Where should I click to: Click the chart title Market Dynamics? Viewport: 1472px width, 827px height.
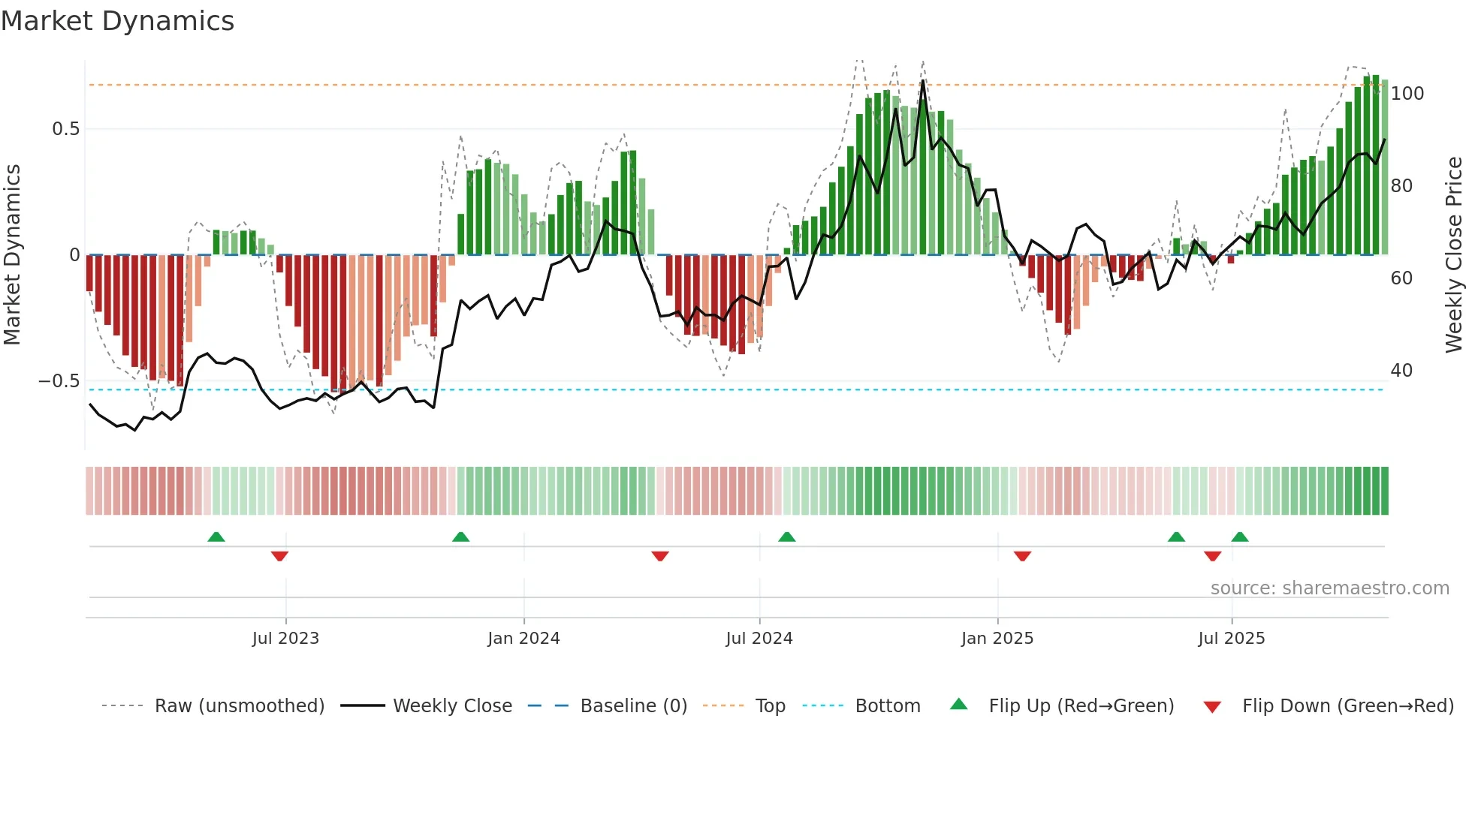tap(117, 21)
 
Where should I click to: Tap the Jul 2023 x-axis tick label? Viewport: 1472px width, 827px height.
tap(285, 639)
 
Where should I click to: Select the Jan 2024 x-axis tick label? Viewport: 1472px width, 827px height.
tap(523, 639)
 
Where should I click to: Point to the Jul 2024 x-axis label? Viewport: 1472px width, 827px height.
tap(759, 639)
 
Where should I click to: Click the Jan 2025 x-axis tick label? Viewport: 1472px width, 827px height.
tap(997, 639)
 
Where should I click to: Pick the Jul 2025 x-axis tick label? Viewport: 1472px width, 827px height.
tap(1232, 639)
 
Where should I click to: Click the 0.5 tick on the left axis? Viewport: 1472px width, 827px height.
tap(65, 129)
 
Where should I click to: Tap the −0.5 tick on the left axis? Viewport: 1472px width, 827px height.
tap(59, 381)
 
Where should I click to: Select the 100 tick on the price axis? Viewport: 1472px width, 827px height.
tap(1407, 94)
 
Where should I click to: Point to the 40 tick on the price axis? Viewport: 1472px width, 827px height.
tap(1401, 371)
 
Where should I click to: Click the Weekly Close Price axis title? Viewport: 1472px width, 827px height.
tap(1454, 255)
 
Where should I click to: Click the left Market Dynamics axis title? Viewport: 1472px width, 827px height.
tap(12, 255)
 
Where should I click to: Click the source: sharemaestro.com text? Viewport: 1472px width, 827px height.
tap(1329, 588)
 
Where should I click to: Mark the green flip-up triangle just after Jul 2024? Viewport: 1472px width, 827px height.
tap(786, 537)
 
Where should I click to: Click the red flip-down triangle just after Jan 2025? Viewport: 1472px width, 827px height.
tap(1022, 556)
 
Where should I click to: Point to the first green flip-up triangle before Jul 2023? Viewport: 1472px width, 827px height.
tap(216, 537)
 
